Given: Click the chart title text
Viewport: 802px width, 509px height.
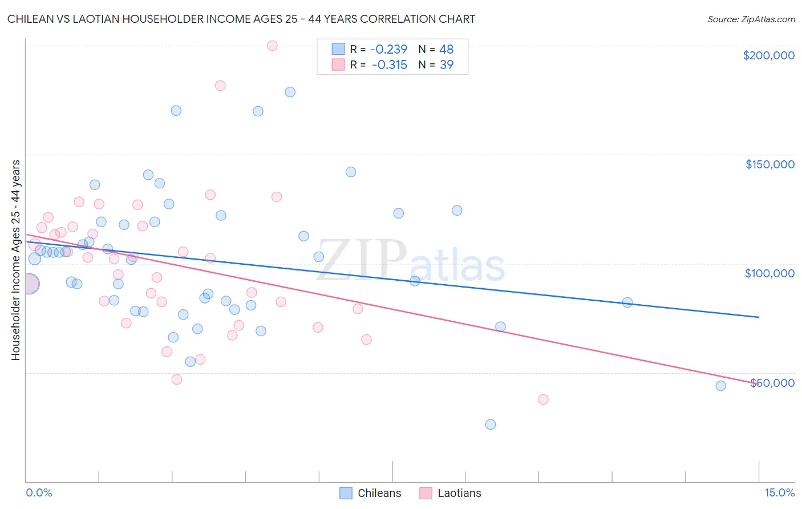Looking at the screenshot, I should (241, 19).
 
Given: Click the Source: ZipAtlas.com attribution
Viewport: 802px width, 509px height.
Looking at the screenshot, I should (751, 19).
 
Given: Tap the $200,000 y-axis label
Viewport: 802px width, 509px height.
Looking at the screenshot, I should (768, 55).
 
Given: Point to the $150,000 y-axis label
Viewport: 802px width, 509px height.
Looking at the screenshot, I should (769, 164).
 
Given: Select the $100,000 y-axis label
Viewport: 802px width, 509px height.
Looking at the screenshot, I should (769, 273).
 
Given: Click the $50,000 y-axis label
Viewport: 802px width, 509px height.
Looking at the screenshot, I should (772, 383).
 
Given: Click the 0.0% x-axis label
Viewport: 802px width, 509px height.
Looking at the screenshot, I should (39, 492).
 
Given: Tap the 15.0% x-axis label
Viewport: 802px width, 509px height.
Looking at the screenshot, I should (779, 492).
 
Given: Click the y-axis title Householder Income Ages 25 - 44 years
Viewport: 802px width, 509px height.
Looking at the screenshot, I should (15, 260).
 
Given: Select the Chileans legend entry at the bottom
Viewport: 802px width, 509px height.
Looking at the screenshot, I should (370, 493).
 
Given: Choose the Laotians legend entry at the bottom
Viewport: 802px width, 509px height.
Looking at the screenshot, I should (450, 493).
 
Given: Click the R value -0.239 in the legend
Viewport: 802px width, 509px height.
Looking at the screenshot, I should (388, 49).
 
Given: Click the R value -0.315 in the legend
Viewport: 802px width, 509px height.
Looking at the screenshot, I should (389, 64).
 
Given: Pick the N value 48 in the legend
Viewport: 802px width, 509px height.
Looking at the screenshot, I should (446, 49).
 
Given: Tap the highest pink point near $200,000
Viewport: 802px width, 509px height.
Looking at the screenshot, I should (272, 46).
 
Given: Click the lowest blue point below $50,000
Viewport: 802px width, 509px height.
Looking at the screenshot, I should (490, 425).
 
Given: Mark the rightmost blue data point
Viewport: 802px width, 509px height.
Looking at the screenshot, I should (720, 386).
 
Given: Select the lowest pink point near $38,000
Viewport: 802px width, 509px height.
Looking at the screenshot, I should (543, 399).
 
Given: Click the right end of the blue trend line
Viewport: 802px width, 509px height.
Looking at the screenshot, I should (759, 317).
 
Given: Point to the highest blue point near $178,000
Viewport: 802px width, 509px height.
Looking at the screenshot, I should (290, 92).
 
